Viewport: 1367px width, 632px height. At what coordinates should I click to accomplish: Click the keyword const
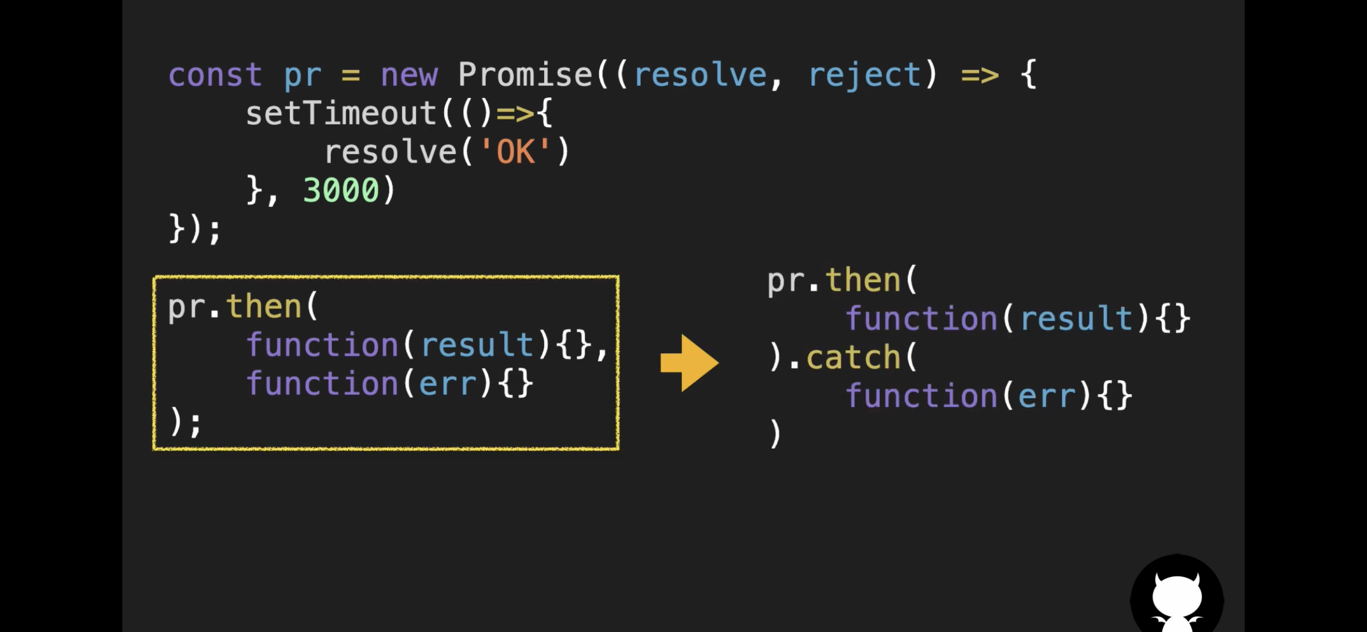pyautogui.click(x=215, y=75)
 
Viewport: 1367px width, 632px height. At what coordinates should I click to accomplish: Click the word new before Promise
pyautogui.click(x=409, y=75)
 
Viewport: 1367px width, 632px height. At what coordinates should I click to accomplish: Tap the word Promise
pyautogui.click(x=525, y=75)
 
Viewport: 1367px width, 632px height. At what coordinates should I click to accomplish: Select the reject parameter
pyautogui.click(x=864, y=75)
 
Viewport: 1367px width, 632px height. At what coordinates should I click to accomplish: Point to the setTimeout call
pyautogui.click(x=341, y=113)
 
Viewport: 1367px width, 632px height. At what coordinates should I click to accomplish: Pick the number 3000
pyautogui.click(x=341, y=190)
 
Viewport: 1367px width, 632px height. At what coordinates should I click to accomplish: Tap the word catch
pyautogui.click(x=853, y=357)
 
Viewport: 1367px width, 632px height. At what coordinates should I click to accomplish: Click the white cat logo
pyautogui.click(x=1177, y=599)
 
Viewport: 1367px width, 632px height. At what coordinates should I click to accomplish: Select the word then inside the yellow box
pyautogui.click(x=264, y=307)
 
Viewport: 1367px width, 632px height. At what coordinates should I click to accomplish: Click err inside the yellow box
pyautogui.click(x=447, y=384)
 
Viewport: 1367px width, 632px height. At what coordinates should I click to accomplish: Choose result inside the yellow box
pyautogui.click(x=477, y=345)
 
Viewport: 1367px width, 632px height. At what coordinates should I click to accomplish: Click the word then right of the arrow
pyautogui.click(x=863, y=280)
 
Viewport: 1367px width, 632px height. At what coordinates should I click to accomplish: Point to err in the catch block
pyautogui.click(x=1046, y=397)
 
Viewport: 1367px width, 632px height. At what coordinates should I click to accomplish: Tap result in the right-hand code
pyautogui.click(x=1076, y=319)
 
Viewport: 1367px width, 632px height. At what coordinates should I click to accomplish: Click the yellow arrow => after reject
pyautogui.click(x=980, y=75)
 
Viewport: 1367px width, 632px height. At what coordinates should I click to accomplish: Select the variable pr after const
pyautogui.click(x=302, y=75)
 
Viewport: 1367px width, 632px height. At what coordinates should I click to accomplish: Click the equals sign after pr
pyautogui.click(x=351, y=75)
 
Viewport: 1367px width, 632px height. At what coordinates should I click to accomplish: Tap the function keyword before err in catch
pyautogui.click(x=921, y=397)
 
